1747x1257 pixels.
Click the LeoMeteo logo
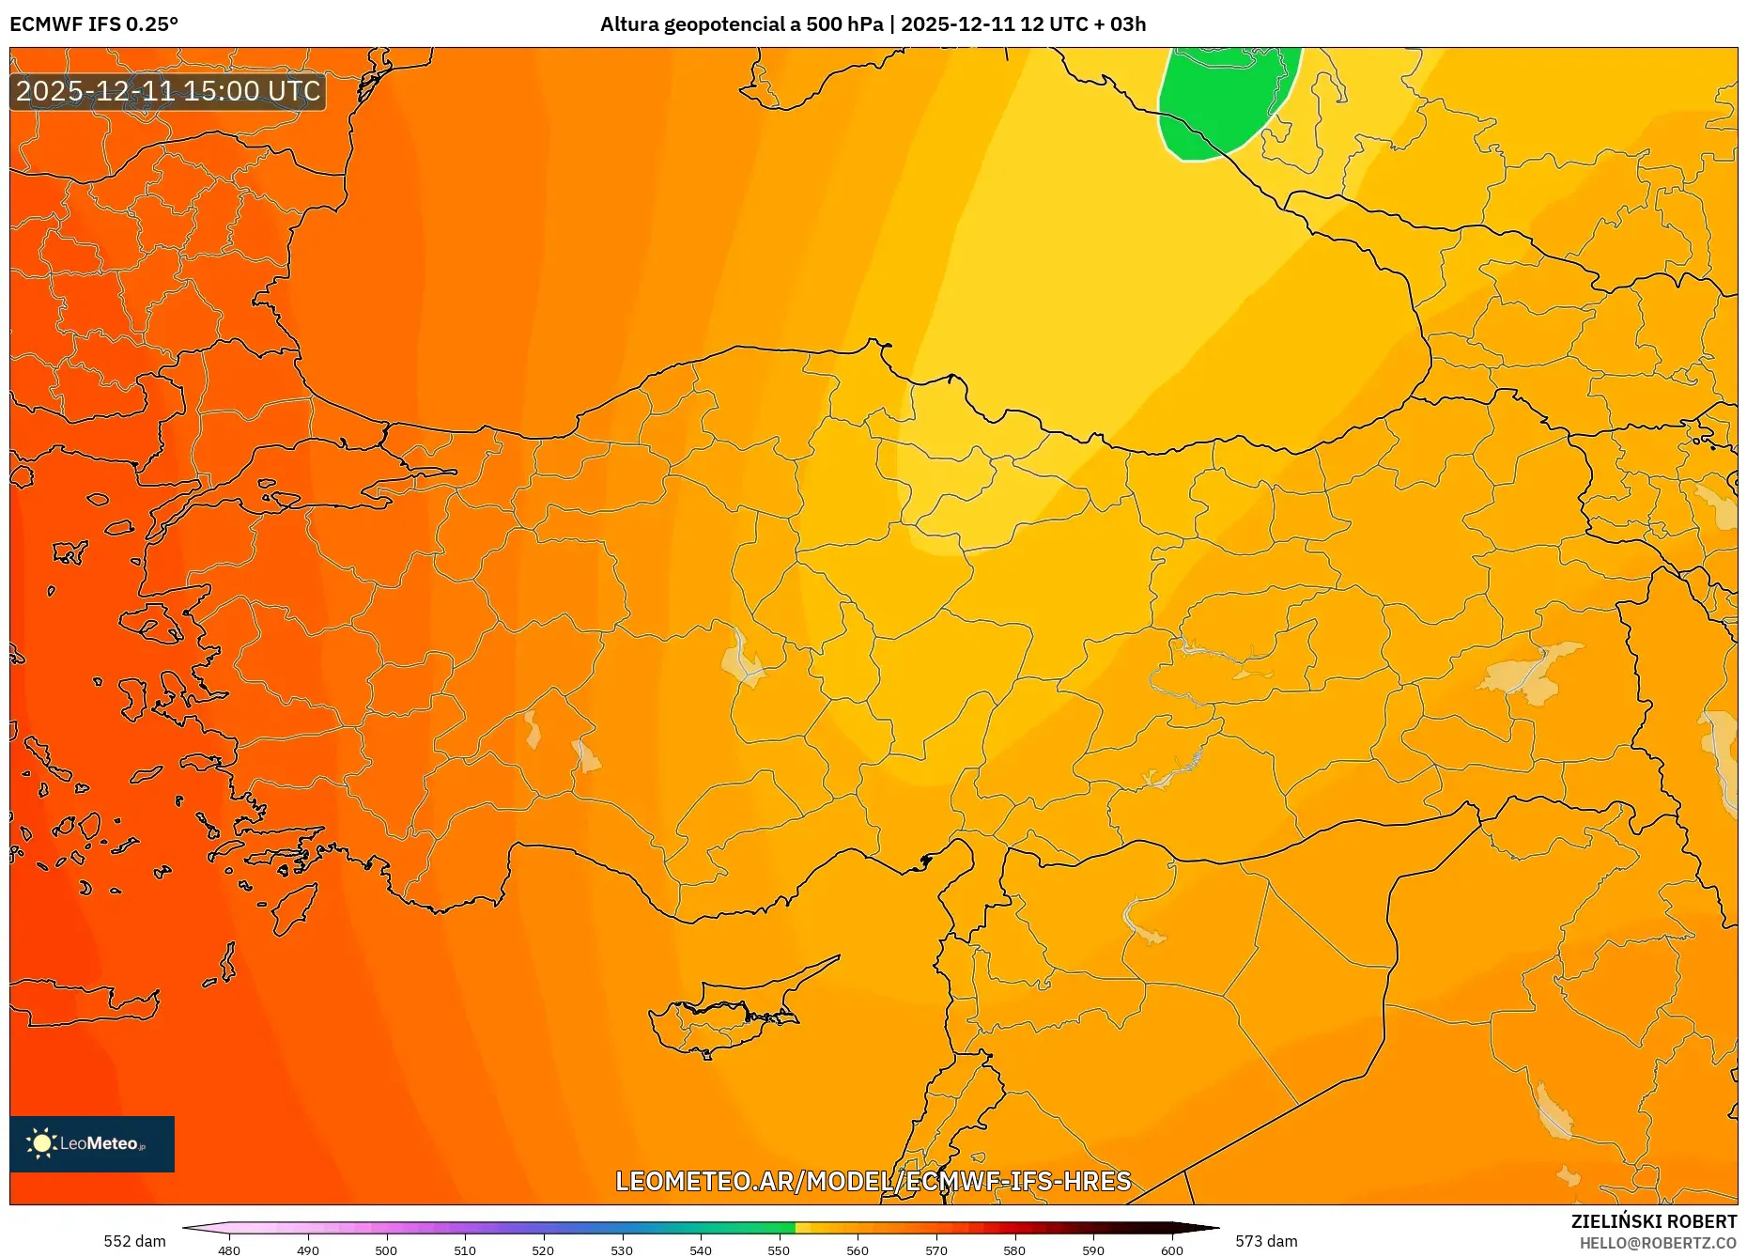[91, 1143]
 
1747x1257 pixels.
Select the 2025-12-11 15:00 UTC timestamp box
[168, 91]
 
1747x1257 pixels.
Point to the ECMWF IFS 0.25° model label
[94, 24]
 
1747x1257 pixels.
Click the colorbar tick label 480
[229, 1250]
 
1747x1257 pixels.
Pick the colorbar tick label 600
[1171, 1250]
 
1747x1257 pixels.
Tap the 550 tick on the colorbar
[779, 1250]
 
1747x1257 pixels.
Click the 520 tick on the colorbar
[543, 1250]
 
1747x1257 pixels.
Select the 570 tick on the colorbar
[935, 1250]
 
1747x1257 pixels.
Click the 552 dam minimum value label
[134, 1241]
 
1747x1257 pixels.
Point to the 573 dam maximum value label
[1266, 1241]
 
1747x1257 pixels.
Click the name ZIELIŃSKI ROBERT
[1653, 1221]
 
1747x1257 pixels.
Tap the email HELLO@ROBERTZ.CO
[1658, 1243]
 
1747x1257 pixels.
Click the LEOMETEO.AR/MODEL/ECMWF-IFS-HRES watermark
[873, 1181]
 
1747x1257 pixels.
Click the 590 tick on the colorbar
[1092, 1250]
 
